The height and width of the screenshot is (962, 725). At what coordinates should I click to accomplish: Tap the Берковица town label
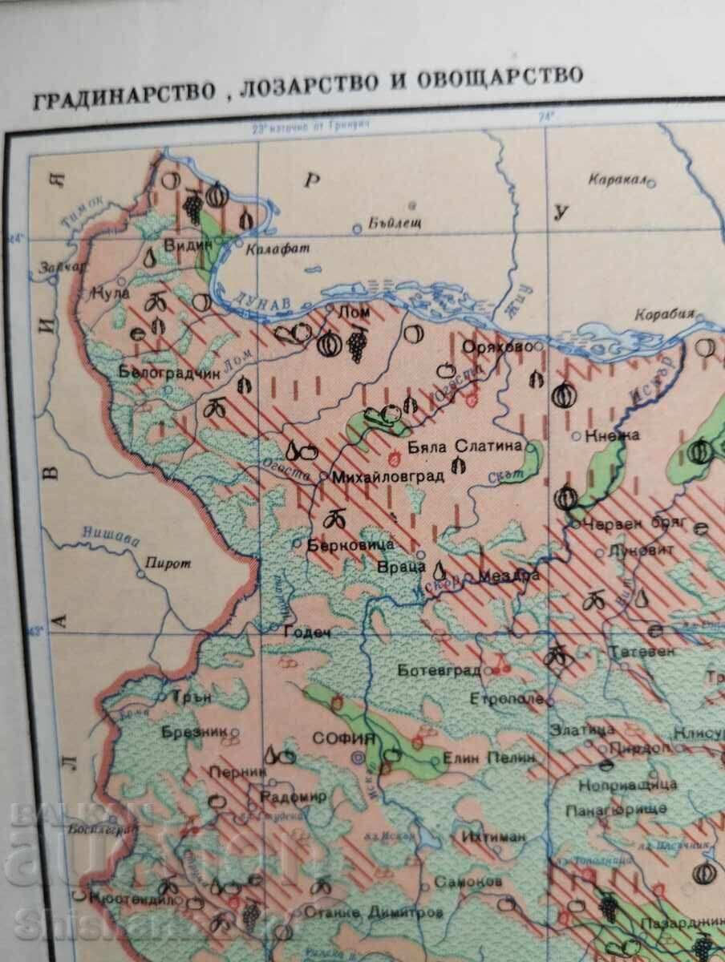tap(350, 544)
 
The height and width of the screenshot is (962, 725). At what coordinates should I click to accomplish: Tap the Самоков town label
tap(468, 881)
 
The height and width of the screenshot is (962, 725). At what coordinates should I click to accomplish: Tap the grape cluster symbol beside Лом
tap(356, 346)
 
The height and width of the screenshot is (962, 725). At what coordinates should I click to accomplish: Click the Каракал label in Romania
tap(617, 180)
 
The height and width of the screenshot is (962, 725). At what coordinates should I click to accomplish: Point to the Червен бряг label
tap(626, 521)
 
